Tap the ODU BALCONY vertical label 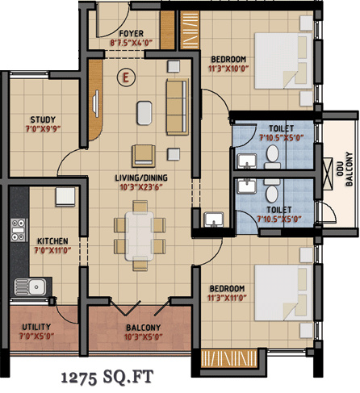[x=349, y=169]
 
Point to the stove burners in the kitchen [x=17, y=230]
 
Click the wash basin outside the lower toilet [x=213, y=220]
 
